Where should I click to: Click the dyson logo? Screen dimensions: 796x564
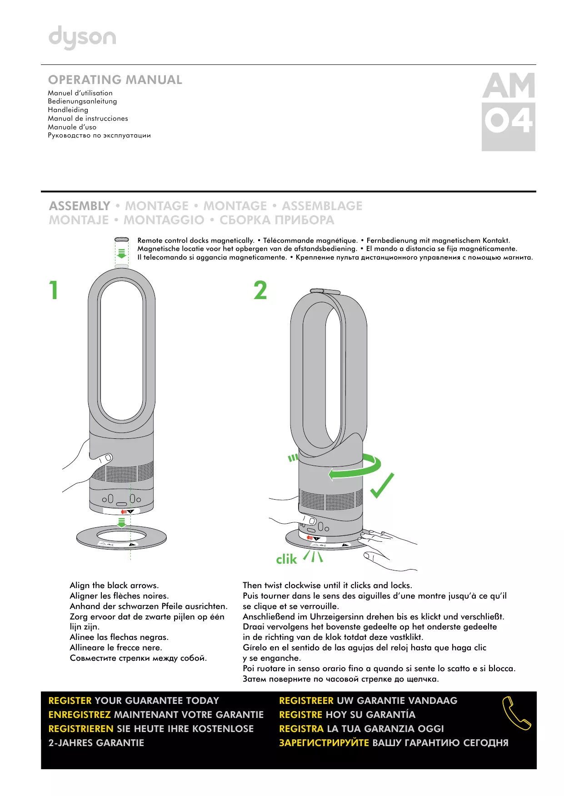82,37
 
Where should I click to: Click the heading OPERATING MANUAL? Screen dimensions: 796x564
115,80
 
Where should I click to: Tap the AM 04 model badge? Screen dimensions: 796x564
508,111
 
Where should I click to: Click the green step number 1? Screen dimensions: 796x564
54,290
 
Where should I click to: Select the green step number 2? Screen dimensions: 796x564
260,290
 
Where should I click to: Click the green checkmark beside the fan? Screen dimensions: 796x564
382,485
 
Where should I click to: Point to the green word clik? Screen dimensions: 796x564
286,559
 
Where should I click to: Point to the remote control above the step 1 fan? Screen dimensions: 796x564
122,239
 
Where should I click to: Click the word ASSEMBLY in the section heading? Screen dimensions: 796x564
80,206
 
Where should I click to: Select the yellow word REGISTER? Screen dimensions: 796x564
70,700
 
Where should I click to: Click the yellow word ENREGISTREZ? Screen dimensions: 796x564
80,714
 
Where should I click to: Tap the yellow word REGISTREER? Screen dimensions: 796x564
306,700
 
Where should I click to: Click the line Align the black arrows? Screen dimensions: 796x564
114,585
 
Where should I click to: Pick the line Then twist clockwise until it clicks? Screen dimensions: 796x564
327,585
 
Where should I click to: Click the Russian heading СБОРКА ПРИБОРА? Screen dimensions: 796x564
277,220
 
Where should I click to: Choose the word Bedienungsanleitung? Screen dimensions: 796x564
82,101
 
